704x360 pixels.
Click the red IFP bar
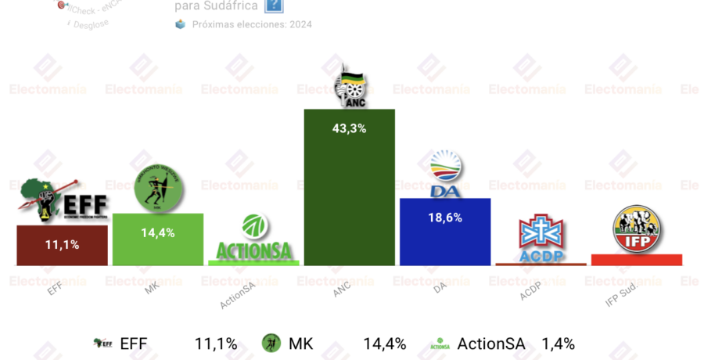(637, 260)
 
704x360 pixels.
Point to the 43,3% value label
(349, 128)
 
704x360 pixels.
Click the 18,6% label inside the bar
(445, 218)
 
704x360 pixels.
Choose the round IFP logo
(637, 228)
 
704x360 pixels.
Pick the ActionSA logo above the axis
(253, 239)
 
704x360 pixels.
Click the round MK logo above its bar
(158, 189)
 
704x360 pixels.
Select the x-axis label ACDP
(531, 292)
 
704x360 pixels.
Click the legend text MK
(300, 344)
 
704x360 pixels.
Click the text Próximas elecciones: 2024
(252, 24)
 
